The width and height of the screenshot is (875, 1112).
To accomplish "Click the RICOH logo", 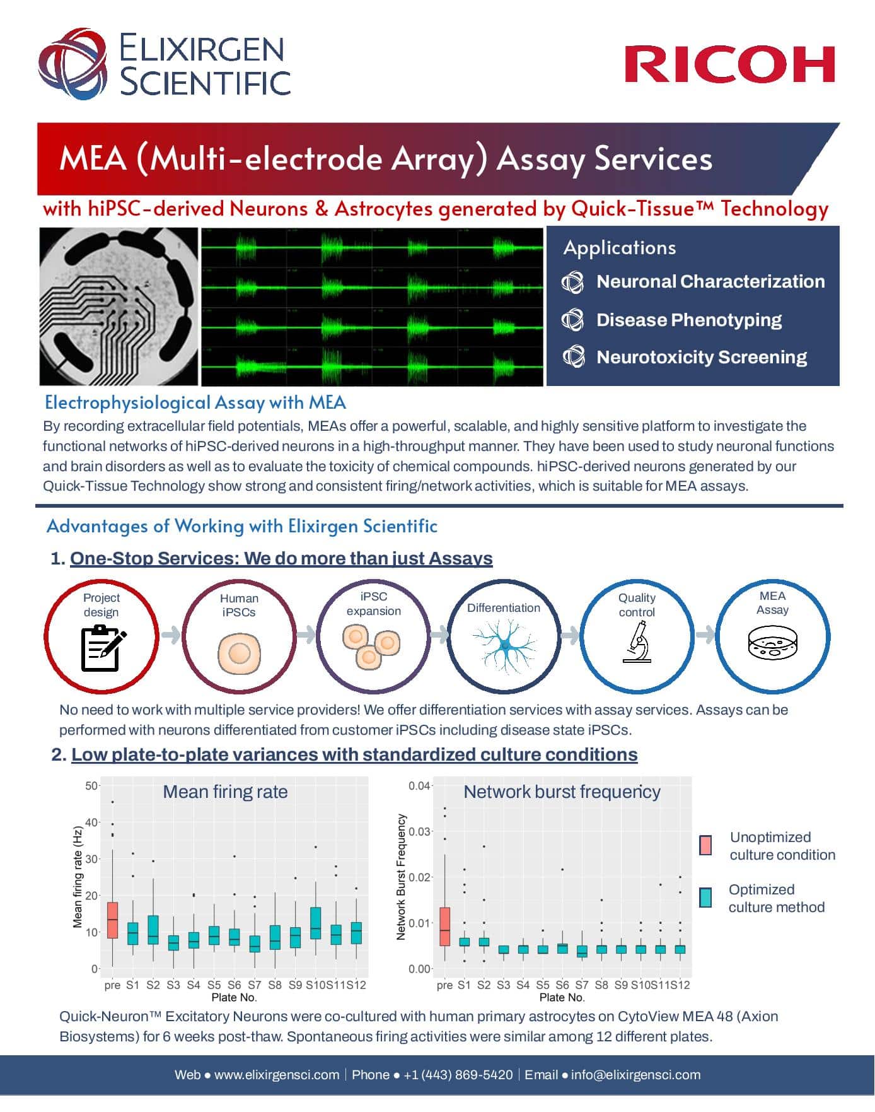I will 729,64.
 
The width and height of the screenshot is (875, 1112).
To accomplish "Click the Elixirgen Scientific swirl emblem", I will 74,64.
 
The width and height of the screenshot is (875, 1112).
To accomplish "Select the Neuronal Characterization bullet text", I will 710,281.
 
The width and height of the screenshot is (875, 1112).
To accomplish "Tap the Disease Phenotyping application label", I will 689,320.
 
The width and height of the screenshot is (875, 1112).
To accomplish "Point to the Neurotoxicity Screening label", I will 702,357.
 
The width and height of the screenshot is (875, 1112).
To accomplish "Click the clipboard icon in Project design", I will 103,647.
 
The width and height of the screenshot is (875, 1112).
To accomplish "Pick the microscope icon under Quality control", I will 637,641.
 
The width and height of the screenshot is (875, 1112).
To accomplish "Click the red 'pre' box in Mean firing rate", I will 112,920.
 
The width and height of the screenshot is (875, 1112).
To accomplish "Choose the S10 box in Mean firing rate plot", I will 316,923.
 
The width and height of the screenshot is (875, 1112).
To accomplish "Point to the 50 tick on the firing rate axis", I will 92,785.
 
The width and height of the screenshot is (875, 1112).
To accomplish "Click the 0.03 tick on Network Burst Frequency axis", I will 419,831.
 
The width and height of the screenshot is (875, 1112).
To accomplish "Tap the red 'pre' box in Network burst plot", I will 444,926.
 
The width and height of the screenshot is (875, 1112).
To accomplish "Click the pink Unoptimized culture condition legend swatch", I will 705,845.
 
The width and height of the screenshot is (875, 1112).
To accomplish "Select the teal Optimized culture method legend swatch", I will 705,898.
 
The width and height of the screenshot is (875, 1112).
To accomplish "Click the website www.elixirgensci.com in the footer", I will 277,1075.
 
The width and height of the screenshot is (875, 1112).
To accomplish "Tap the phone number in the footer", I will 458,1075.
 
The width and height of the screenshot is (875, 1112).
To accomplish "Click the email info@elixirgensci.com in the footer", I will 635,1075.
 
